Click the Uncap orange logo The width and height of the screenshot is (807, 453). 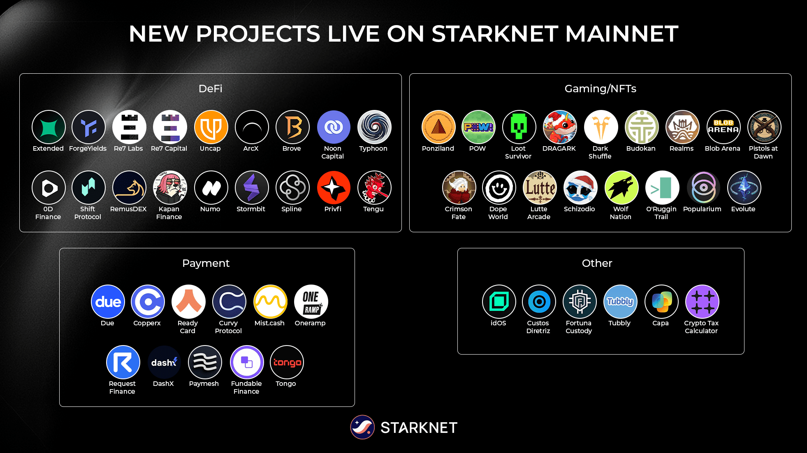(x=211, y=127)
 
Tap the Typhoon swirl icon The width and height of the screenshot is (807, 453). (x=374, y=127)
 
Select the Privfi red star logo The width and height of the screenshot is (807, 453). (x=333, y=188)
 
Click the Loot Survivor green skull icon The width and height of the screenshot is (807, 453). (x=519, y=127)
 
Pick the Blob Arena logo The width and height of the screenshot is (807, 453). (x=723, y=127)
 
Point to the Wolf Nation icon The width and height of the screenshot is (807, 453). (x=621, y=188)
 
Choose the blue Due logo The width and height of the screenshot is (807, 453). (x=108, y=302)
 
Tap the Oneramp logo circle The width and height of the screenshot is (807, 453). (x=311, y=302)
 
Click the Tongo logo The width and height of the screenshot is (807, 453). (x=287, y=362)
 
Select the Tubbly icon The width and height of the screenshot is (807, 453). (x=620, y=302)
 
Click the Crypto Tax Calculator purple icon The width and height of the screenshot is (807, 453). (x=702, y=302)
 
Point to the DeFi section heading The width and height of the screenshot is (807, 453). (x=210, y=89)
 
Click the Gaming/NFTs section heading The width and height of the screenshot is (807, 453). (x=600, y=89)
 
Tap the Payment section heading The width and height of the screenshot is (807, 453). (x=206, y=263)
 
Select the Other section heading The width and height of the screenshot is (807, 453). (x=597, y=263)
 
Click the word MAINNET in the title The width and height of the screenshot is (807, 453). (x=621, y=34)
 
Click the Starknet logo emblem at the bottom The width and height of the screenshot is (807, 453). (x=362, y=427)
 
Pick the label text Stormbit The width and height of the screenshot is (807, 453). (x=251, y=209)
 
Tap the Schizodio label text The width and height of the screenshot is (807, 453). (x=579, y=209)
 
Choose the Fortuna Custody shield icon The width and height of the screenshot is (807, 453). (x=580, y=302)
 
